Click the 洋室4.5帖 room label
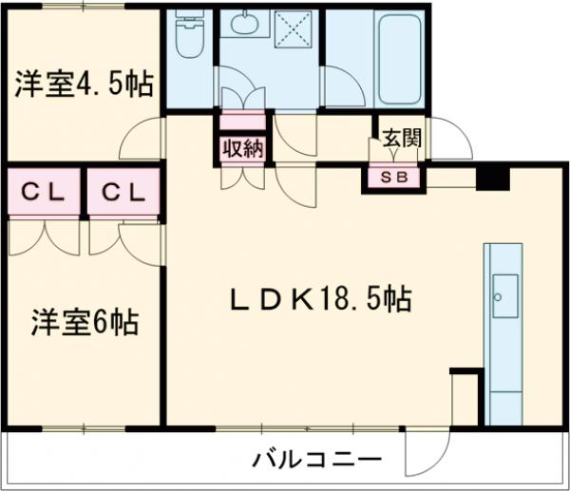84,85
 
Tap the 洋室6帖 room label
84,323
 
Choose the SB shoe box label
392,177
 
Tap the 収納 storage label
243,149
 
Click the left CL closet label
43,193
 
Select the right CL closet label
124,193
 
